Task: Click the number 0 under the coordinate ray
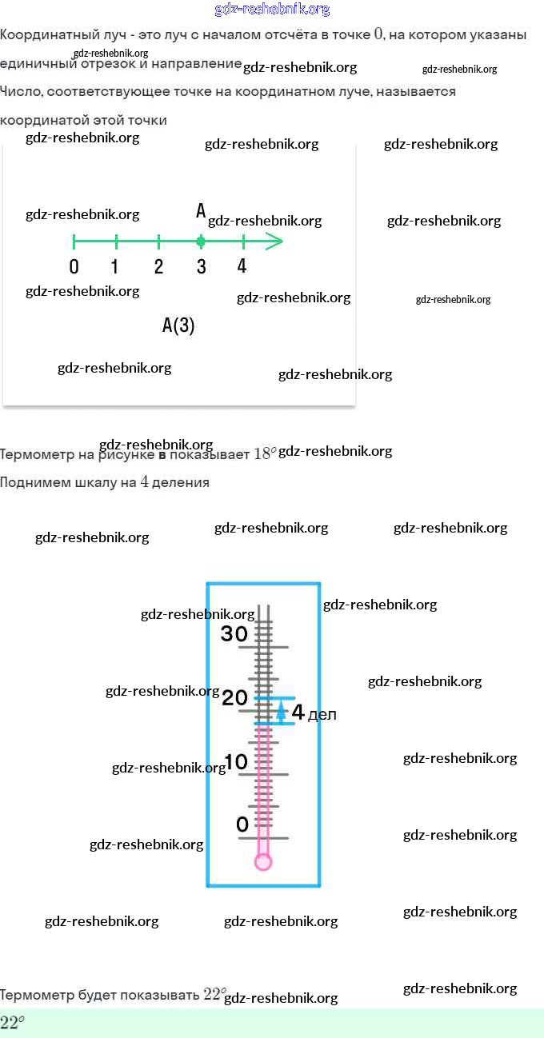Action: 74,267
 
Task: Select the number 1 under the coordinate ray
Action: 115,266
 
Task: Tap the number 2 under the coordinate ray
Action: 158,266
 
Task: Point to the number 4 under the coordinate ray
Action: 242,266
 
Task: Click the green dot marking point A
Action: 201,241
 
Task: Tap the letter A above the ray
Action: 201,211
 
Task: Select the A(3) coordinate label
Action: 178,325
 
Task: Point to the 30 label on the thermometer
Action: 234,634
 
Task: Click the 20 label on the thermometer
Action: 235,698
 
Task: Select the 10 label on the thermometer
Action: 236,762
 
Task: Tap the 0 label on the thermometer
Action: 242,824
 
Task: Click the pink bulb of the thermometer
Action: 263,861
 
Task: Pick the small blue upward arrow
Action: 281,710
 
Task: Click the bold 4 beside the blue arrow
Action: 298,712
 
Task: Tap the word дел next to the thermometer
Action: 322,715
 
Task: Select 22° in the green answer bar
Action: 12,1023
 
